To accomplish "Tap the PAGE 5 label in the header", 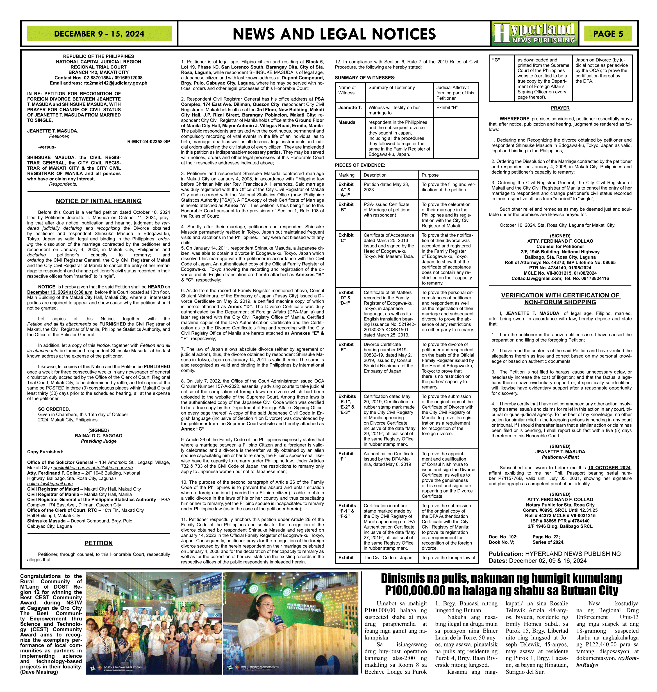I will (x=608, y=34).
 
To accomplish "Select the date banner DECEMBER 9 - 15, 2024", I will (x=99, y=34).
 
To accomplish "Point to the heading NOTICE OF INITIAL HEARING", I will (x=98, y=201).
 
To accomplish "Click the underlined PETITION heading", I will (x=98, y=543).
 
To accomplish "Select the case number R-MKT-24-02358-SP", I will (x=149, y=142).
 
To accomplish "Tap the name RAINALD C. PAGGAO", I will (x=98, y=436).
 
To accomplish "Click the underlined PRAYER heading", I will (x=560, y=108).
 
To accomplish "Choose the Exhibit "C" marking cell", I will (x=346, y=238).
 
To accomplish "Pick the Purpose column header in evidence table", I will (x=430, y=175).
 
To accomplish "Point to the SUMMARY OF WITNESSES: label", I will (x=365, y=78).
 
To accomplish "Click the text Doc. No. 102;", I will (x=503, y=537).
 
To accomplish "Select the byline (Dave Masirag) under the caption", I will (x=39, y=672).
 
